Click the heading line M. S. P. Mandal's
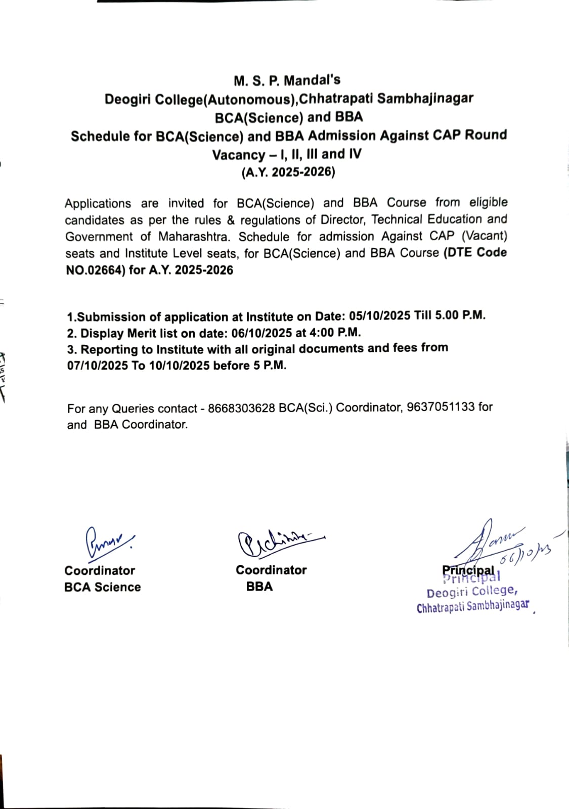[287, 80]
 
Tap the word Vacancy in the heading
[238, 155]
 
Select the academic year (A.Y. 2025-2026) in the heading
[288, 172]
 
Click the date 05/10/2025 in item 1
[379, 316]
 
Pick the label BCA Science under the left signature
[102, 587]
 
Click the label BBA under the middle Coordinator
[259, 587]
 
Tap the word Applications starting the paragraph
[98, 204]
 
